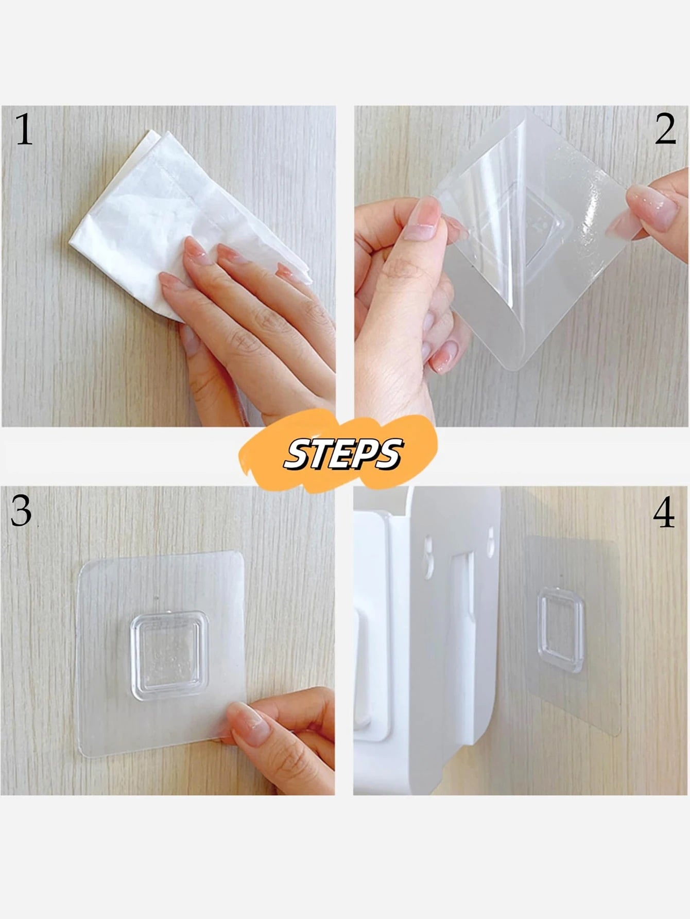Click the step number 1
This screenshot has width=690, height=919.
point(24,130)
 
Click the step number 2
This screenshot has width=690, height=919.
point(665,130)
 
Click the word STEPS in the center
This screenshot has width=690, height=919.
point(343,454)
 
